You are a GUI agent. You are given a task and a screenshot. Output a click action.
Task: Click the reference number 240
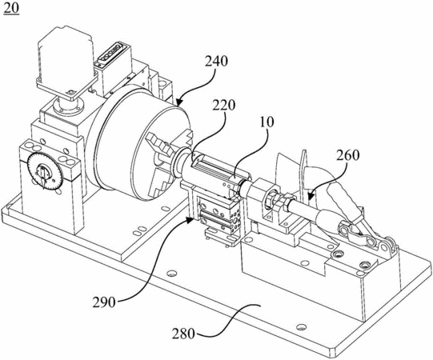pyautogui.click(x=216, y=62)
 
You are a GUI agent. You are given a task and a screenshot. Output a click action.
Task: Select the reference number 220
pyautogui.click(x=223, y=105)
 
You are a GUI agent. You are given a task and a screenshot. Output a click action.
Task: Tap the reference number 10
pyautogui.click(x=267, y=122)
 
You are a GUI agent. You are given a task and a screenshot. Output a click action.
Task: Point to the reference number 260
pyautogui.click(x=348, y=155)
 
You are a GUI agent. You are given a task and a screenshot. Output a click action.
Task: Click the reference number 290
pyautogui.click(x=104, y=302)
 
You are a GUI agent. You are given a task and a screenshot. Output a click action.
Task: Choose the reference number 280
pyautogui.click(x=183, y=334)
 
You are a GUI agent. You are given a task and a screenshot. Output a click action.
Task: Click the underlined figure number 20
pyautogui.click(x=11, y=8)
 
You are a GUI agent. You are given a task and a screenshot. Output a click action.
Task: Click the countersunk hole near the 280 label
pyautogui.click(x=301, y=327)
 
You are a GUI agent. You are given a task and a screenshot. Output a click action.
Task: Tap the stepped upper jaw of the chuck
pyautogui.click(x=158, y=142)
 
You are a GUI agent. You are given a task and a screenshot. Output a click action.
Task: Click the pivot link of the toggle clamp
pyautogui.click(x=356, y=234)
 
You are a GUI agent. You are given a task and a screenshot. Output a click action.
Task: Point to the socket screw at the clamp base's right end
pyautogui.click(x=366, y=266)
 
